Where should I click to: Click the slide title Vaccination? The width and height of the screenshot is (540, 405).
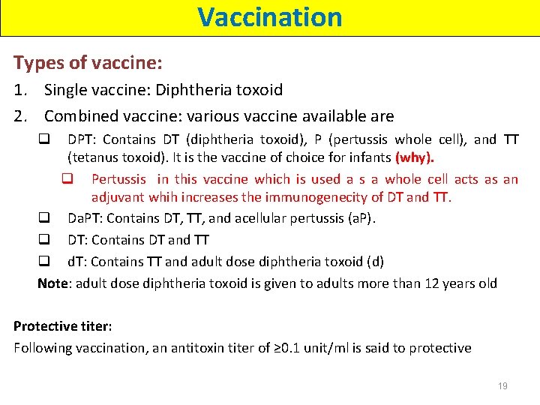[270, 16]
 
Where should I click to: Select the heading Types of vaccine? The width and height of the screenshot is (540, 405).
[88, 63]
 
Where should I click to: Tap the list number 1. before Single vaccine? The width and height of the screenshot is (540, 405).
[22, 91]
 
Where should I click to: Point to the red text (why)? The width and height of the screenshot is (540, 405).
[415, 158]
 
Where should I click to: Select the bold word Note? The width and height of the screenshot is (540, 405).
[52, 283]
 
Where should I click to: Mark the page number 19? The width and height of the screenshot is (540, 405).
[502, 386]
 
